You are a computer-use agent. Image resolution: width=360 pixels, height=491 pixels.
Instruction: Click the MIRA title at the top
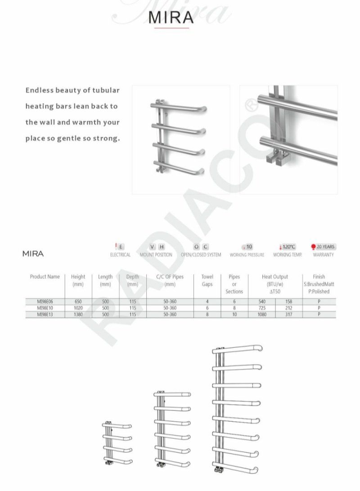tap(171, 17)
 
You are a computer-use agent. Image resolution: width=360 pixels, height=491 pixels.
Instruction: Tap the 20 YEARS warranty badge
tap(323, 247)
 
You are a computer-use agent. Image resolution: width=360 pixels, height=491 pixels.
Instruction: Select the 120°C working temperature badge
tap(287, 247)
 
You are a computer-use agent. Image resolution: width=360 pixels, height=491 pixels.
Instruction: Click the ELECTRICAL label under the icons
tap(120, 255)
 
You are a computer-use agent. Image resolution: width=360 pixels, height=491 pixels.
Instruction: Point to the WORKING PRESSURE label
tap(247, 255)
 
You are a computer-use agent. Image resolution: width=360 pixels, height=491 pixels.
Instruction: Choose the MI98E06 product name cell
tap(45, 302)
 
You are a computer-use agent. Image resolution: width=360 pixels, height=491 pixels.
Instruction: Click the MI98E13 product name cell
tap(45, 314)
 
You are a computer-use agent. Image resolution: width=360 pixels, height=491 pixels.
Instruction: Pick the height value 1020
tap(78, 308)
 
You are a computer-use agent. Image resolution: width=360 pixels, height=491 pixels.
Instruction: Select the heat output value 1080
tap(261, 314)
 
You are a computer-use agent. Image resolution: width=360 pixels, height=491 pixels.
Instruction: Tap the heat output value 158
tap(288, 302)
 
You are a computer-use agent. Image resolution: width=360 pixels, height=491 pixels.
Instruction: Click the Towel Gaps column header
tap(207, 280)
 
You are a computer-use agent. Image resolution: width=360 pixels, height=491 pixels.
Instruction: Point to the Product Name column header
tap(45, 277)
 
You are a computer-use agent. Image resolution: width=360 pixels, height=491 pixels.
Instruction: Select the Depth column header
tap(132, 280)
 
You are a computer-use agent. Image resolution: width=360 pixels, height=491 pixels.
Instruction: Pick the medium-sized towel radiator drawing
tap(172, 428)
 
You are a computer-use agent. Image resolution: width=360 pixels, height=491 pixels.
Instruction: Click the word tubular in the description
tap(107, 90)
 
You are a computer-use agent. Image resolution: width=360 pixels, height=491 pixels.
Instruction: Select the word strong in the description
tap(106, 138)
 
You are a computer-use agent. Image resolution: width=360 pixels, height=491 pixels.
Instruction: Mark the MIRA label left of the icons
tap(33, 253)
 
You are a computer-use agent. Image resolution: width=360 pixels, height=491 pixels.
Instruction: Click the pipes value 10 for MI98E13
tap(234, 314)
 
